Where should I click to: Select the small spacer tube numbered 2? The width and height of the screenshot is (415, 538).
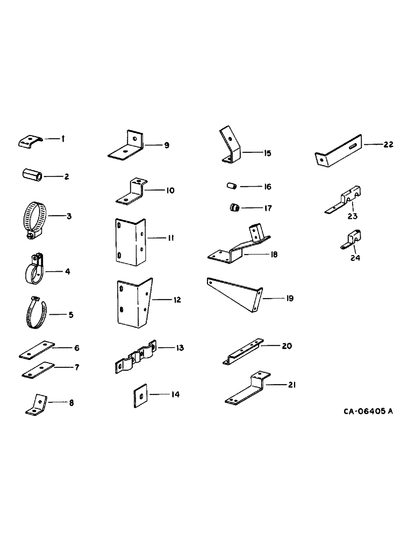point(32,175)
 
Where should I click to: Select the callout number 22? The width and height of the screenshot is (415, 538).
point(388,144)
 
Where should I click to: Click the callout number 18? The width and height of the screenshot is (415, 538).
point(274,254)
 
